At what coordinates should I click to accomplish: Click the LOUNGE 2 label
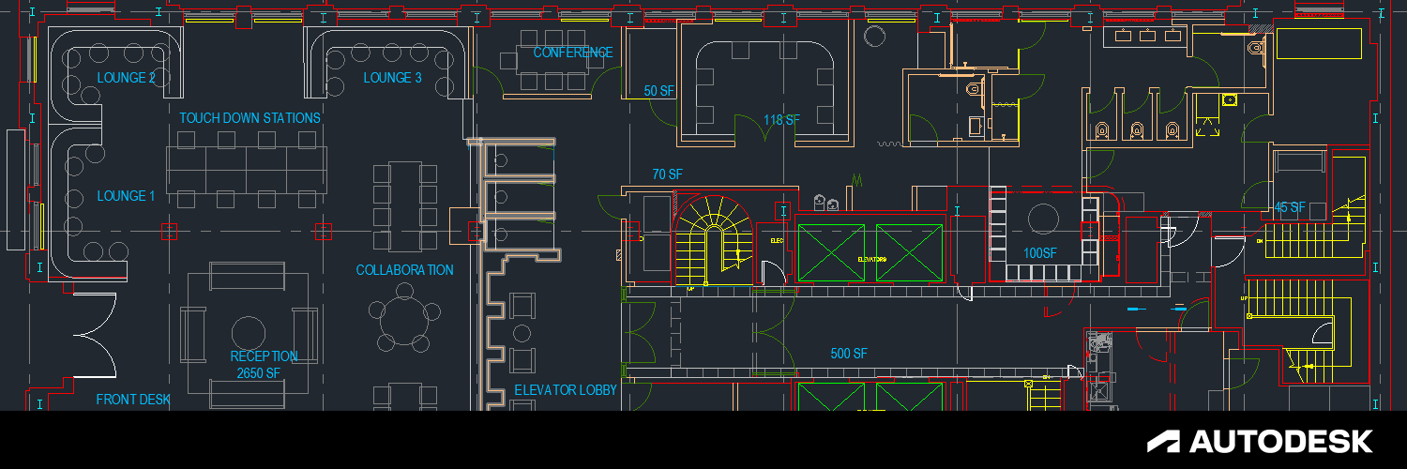coord(127,78)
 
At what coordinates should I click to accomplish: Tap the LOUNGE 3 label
coord(393,78)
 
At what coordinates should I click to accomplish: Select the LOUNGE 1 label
coord(127,196)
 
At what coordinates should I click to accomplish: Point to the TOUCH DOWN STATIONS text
coord(250,118)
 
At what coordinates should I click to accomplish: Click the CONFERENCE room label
coord(573,53)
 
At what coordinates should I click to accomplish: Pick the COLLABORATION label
coord(404,270)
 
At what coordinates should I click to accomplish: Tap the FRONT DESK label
coord(133,400)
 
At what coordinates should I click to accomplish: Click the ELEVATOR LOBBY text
coord(566,390)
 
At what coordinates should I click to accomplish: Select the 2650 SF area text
coord(259,373)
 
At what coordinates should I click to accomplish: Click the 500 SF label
coord(849,354)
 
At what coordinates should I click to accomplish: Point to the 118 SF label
coord(781,120)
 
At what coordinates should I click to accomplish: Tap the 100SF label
coord(1040,253)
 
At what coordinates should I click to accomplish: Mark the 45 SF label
coord(1290,207)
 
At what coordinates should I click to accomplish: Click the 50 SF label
coord(659,91)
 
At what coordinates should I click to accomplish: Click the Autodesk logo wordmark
coord(1261,441)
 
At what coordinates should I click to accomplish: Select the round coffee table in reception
coord(249,333)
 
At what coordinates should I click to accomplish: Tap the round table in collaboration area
coord(404,311)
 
